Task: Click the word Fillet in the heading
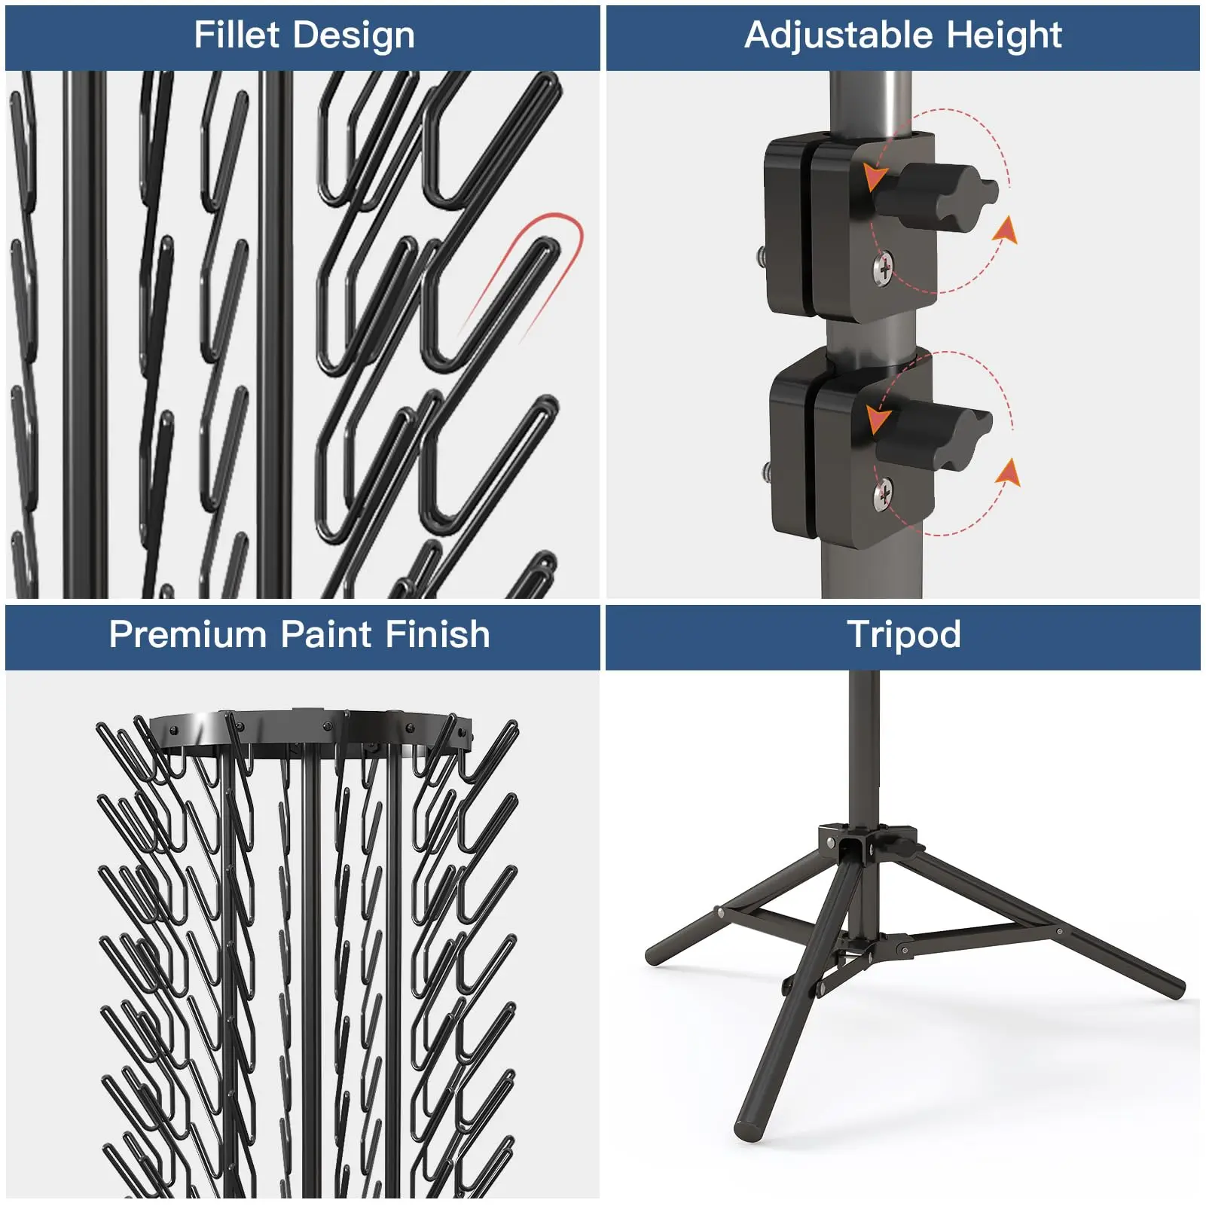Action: click(237, 35)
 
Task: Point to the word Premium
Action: click(189, 634)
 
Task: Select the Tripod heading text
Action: click(903, 634)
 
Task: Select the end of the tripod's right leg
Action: click(1175, 987)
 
